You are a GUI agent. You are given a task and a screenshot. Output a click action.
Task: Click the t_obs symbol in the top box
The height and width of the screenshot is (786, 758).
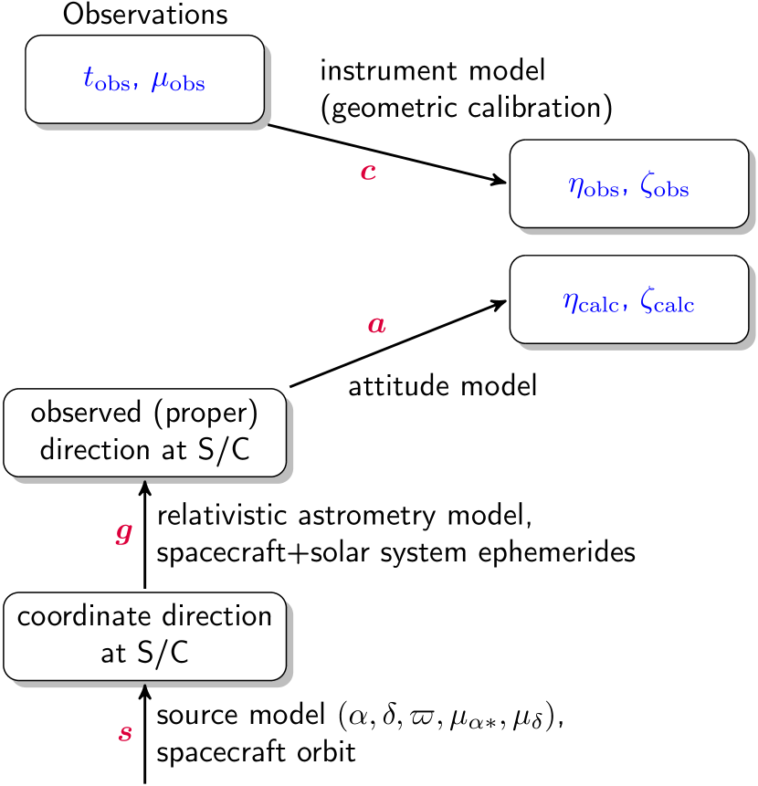[106, 80]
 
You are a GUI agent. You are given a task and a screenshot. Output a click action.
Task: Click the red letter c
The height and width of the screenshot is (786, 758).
[368, 172]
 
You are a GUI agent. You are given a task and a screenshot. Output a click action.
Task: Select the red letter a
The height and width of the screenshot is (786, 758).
[376, 324]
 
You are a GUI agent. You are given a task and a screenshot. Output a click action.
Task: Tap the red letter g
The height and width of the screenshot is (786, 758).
[123, 533]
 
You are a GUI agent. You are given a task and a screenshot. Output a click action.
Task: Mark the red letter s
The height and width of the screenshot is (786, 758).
[125, 732]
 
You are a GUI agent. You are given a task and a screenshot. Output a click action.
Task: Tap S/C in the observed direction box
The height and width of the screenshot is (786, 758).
[224, 450]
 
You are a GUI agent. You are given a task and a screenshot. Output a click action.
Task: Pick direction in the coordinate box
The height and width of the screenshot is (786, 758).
[217, 616]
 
